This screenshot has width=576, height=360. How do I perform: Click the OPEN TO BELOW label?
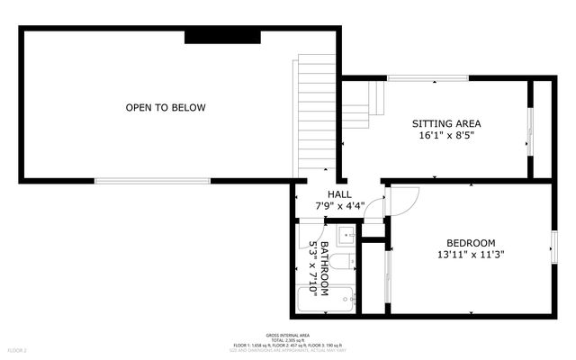pyautogui.click(x=166, y=108)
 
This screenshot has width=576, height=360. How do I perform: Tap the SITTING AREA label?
pyautogui.click(x=445, y=123)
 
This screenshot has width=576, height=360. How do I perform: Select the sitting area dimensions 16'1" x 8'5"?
pyautogui.click(x=445, y=136)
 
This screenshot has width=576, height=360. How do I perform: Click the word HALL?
pyautogui.click(x=339, y=194)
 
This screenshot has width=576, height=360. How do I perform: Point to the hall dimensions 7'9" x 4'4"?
pyautogui.click(x=339, y=206)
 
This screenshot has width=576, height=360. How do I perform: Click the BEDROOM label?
pyautogui.click(x=471, y=243)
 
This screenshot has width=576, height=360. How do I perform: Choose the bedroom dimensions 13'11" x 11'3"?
pyautogui.click(x=471, y=255)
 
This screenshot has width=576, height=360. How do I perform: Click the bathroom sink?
pyautogui.click(x=347, y=236)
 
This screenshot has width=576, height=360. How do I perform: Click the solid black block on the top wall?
pyautogui.click(x=222, y=36)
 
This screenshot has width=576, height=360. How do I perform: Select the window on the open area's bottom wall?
pyautogui.click(x=153, y=181)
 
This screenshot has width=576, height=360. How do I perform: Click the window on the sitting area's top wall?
pyautogui.click(x=427, y=79)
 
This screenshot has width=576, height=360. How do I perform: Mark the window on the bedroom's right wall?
pyautogui.click(x=553, y=243)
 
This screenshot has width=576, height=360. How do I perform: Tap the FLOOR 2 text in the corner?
pyautogui.click(x=18, y=349)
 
